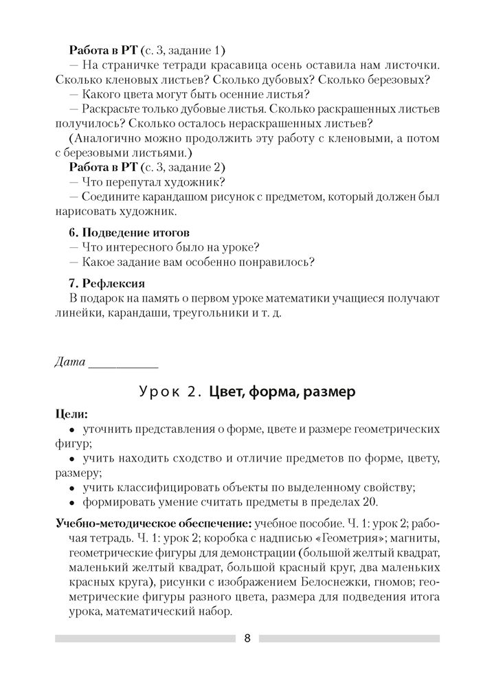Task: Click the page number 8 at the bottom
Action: click(x=247, y=638)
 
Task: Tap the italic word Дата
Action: click(x=69, y=361)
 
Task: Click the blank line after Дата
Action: click(x=123, y=364)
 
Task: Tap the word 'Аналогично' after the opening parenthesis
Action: click(x=107, y=138)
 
